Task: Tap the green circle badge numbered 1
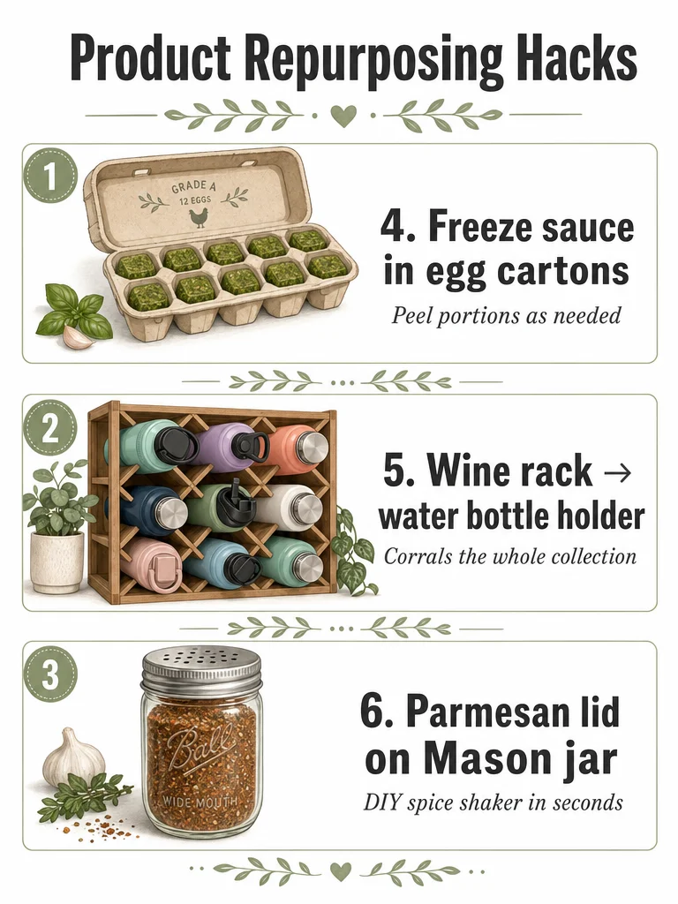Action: (x=50, y=177)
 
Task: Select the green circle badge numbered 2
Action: (x=50, y=429)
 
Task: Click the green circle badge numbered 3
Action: (x=50, y=674)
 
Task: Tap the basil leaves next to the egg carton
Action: (x=72, y=312)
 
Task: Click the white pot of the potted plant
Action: (x=57, y=562)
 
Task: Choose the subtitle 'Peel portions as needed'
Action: (x=506, y=315)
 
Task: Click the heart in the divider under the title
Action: (x=343, y=116)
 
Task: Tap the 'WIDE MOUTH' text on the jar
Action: (x=200, y=801)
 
